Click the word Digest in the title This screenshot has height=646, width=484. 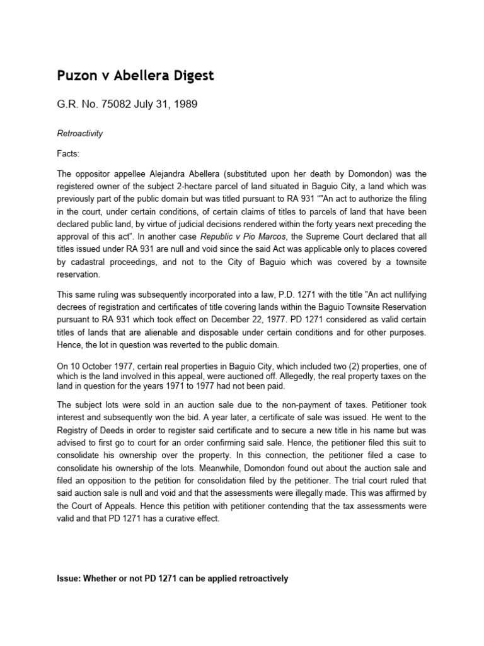pos(190,76)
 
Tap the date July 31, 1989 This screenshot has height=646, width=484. pos(164,105)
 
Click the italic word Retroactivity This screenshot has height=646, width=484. pos(80,134)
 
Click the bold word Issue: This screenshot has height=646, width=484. pos(71,578)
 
